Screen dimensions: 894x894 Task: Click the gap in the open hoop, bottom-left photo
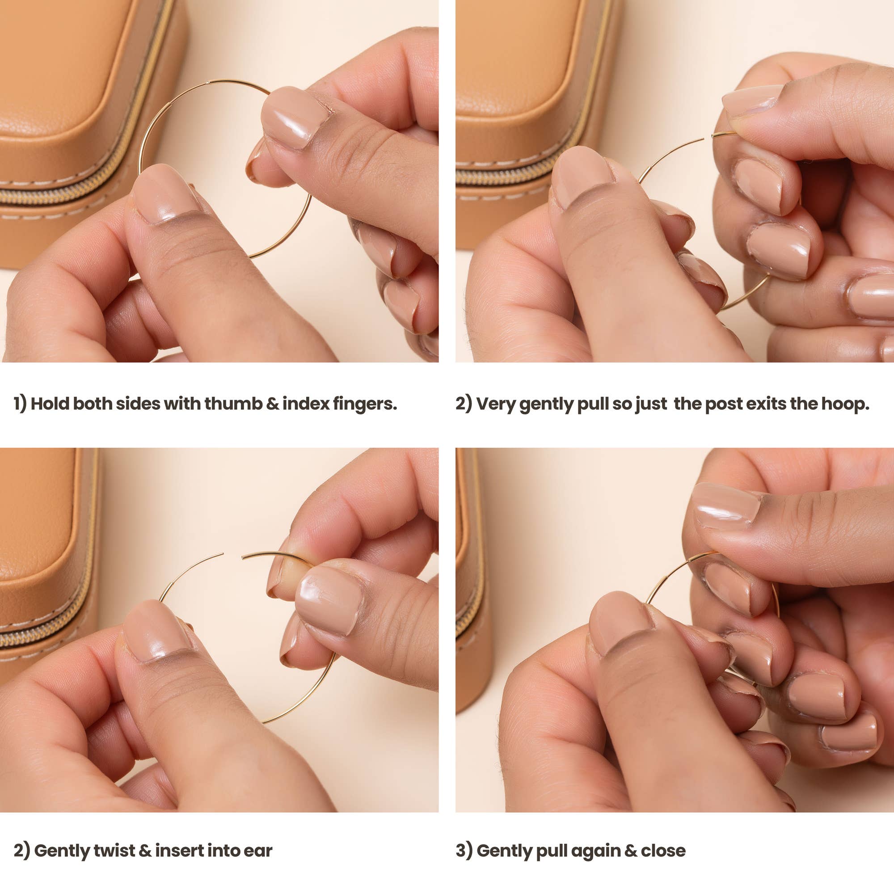pos(232,555)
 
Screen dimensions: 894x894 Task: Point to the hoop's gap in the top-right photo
pos(707,136)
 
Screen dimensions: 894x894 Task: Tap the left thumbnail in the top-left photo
pos(164,195)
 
